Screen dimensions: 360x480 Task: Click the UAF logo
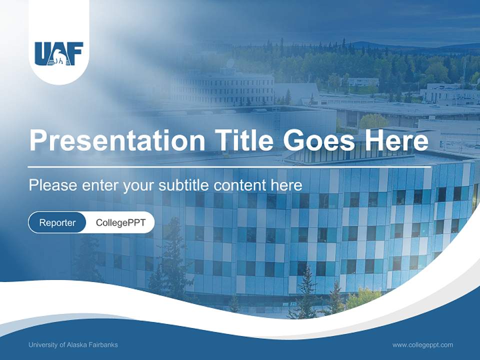(x=58, y=53)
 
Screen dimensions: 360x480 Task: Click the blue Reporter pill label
(x=57, y=222)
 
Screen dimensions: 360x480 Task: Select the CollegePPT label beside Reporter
(x=120, y=222)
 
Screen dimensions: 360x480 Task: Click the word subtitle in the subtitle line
(x=184, y=185)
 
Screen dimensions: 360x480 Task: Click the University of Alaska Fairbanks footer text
(x=73, y=345)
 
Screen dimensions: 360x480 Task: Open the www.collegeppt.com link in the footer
(x=422, y=345)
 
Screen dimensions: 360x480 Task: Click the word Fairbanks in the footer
(x=104, y=345)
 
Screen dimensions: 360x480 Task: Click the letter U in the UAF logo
(x=42, y=53)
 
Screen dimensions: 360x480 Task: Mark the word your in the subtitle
(x=139, y=185)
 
